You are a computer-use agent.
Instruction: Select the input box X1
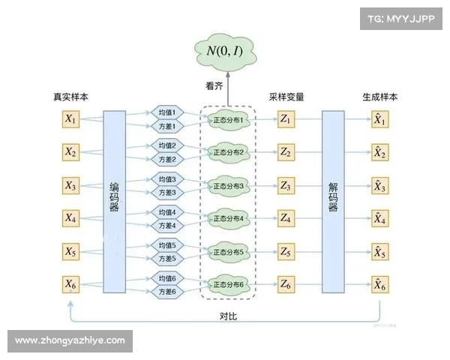pos(71,118)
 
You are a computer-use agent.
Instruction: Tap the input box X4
pos(71,218)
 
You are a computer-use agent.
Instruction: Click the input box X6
pos(71,284)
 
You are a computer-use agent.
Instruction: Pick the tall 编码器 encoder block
pos(114,201)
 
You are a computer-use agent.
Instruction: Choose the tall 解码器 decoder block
pos(333,201)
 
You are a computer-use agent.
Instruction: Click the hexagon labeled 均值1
pos(166,112)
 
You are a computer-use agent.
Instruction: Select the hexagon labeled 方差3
pos(166,193)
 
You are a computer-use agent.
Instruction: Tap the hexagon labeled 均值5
pos(166,245)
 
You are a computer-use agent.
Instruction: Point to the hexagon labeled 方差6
pos(166,292)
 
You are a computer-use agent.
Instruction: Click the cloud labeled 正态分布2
pos(229,152)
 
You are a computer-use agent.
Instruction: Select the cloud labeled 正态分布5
pos(229,251)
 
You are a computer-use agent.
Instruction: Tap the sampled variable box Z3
pos(286,185)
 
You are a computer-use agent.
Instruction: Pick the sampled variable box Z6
pos(286,284)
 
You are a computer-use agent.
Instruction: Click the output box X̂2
pos(380,152)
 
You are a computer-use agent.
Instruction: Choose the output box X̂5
pos(380,251)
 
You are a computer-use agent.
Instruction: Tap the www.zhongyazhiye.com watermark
pos(70,340)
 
